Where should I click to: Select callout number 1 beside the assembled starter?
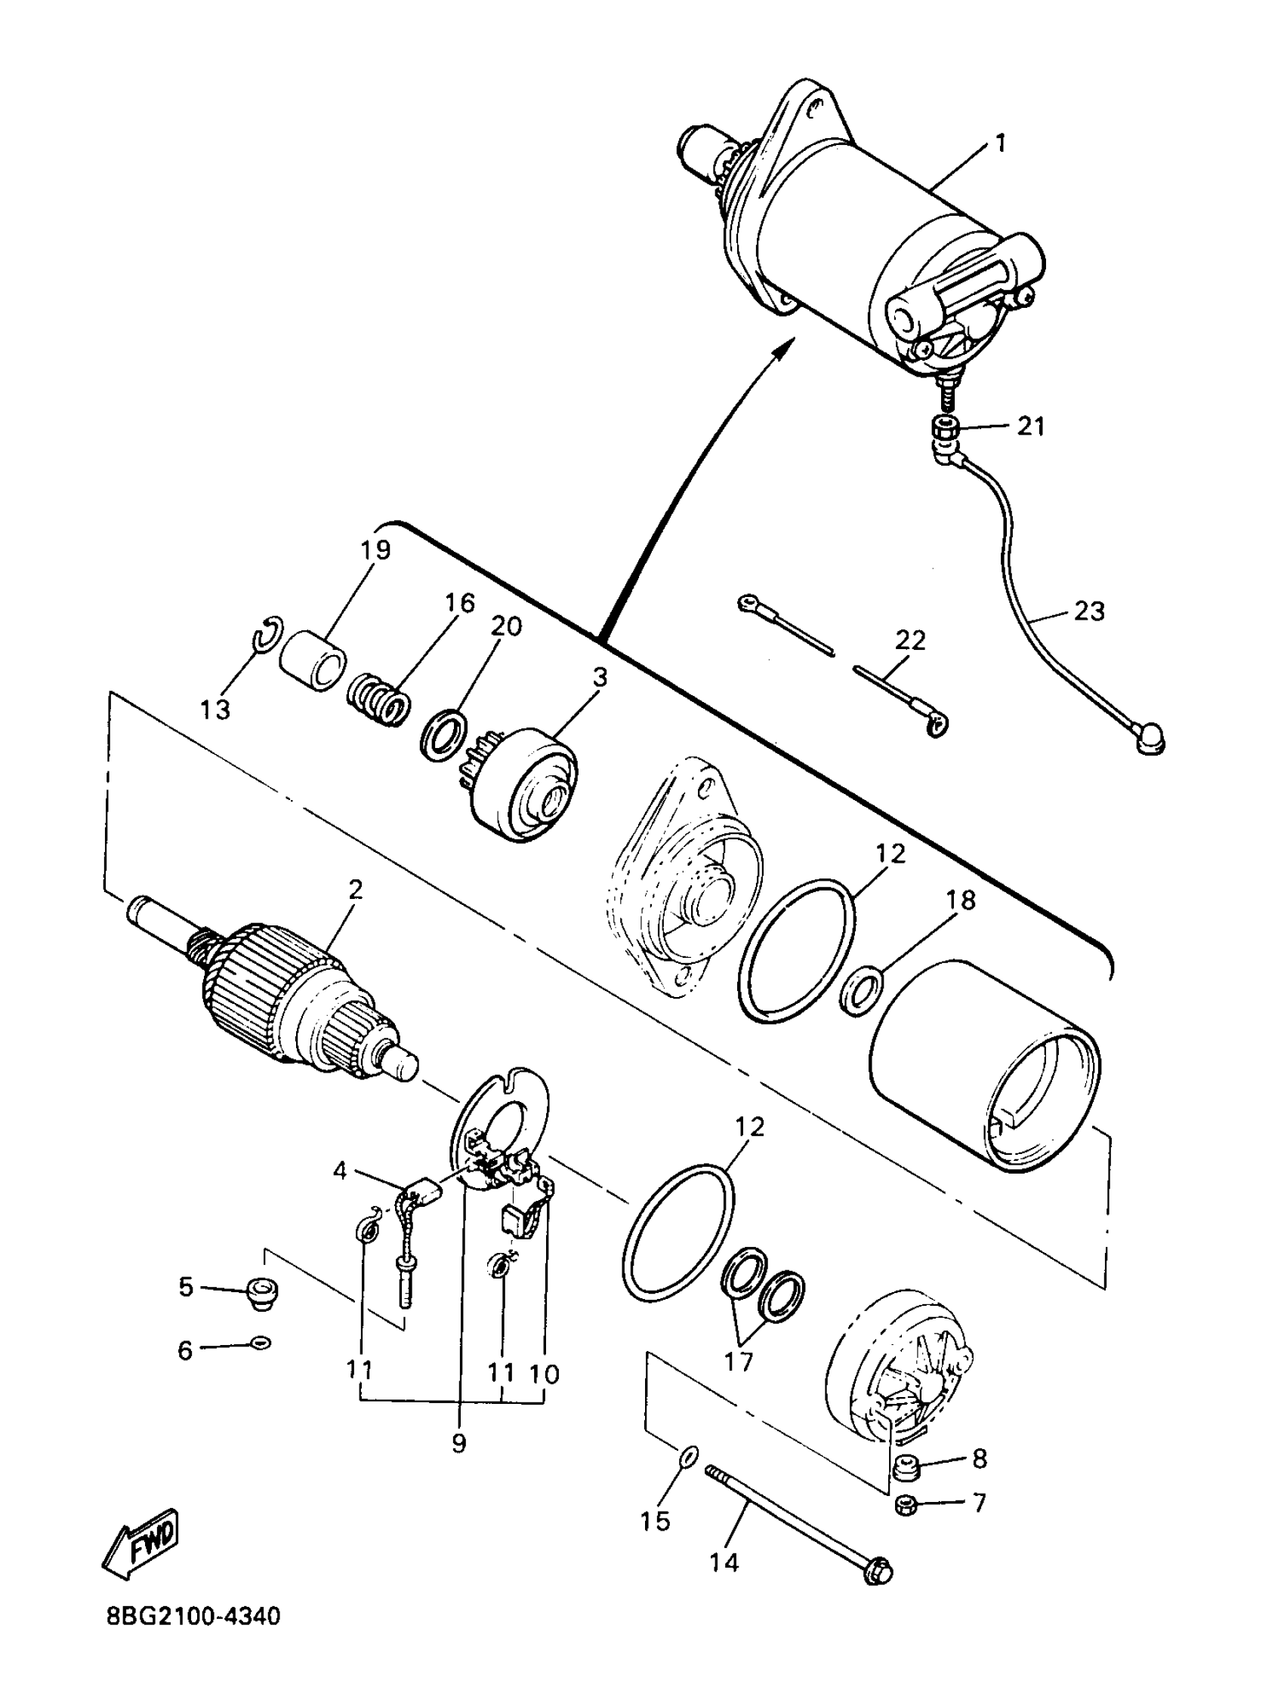(1000, 143)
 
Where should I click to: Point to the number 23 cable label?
(1089, 611)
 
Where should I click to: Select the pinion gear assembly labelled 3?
(530, 785)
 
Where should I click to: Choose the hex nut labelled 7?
(906, 1507)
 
